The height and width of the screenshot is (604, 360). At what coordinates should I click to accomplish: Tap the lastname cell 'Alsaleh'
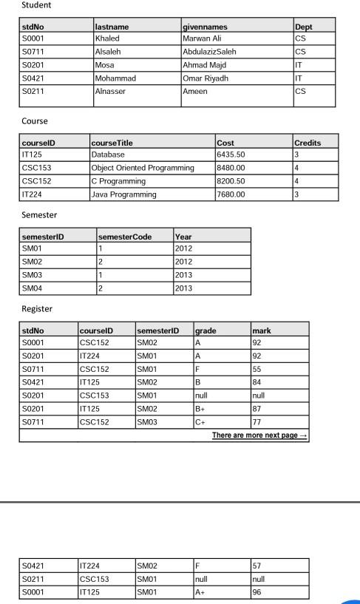pos(108,52)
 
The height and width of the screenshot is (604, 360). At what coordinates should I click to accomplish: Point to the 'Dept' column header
pos(303,27)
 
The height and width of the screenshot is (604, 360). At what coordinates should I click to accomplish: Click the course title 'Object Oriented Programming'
pos(142,168)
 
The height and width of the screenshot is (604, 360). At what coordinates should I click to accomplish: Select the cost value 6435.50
pos(231,155)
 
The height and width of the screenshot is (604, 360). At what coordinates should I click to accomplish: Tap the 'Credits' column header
pos(307,142)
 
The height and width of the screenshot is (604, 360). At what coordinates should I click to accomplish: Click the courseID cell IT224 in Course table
pos(33,194)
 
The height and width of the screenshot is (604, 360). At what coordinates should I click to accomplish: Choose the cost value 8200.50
pos(231,181)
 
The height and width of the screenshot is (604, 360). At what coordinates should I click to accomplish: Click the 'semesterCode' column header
pos(126,237)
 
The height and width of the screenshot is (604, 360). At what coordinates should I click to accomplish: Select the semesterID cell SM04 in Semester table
pos(33,288)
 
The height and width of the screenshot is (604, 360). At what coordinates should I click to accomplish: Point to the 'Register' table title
pos(37,309)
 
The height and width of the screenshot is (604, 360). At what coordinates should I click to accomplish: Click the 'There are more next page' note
pos(259,435)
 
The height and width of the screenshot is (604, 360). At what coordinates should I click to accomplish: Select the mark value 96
pos(258,592)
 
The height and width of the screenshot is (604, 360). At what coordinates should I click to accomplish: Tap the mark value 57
pos(258,566)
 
